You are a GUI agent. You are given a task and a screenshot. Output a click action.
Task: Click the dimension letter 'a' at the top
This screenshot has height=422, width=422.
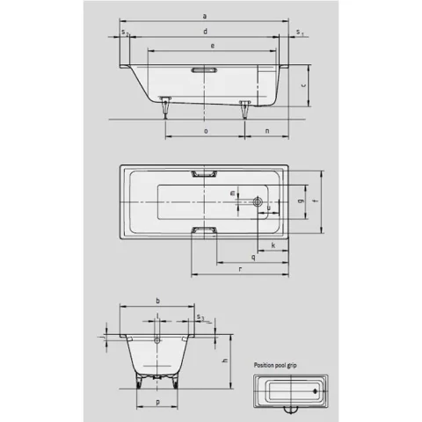204,16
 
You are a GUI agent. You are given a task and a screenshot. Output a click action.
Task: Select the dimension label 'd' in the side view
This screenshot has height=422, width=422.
204,32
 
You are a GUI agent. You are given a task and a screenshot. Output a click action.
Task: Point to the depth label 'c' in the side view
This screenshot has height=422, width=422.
302,85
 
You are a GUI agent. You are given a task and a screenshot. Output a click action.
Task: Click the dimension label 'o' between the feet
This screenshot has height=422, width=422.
205,130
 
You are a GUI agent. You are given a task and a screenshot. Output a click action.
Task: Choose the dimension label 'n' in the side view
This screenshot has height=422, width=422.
266,130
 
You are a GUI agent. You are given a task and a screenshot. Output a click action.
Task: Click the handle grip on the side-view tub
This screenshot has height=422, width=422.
204,69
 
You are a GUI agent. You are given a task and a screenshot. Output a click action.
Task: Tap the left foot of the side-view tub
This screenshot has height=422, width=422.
164,107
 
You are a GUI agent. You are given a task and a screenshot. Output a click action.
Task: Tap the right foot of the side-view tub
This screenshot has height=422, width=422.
245,107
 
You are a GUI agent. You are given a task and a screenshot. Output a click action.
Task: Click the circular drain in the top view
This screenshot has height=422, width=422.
258,201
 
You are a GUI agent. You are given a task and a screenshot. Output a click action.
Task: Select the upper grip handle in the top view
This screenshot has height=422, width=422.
204,175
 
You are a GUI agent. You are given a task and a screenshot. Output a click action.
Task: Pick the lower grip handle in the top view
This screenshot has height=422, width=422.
204,231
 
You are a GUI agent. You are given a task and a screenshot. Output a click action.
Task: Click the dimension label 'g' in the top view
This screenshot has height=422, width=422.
301,201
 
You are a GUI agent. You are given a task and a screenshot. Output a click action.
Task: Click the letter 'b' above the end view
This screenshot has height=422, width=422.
156,301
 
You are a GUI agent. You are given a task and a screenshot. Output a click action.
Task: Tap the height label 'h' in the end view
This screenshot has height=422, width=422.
225,360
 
